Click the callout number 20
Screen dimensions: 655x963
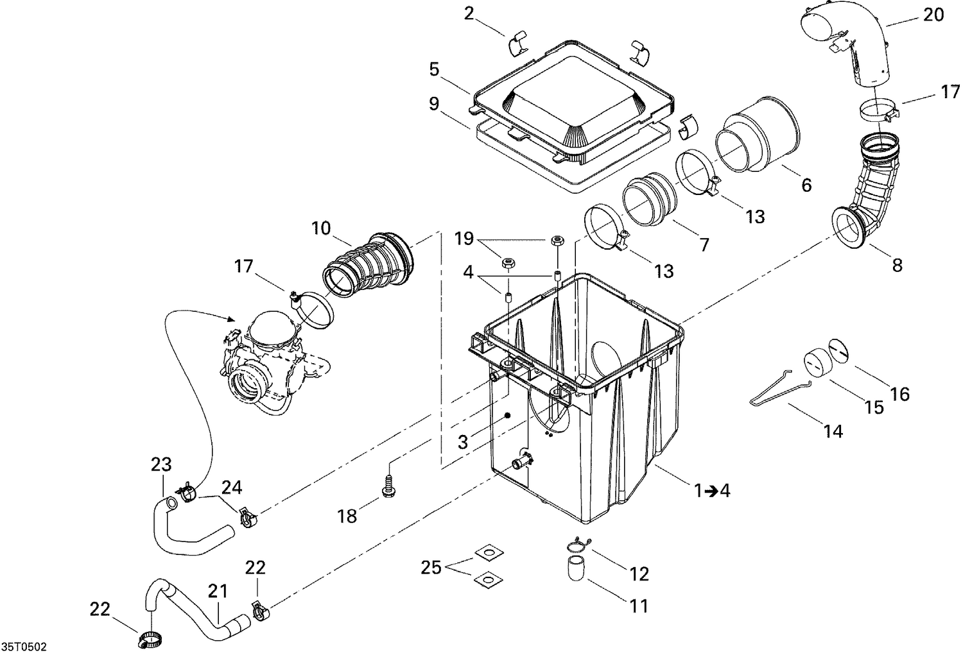point(933,14)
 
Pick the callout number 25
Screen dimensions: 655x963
point(431,567)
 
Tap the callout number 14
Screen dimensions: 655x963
point(833,432)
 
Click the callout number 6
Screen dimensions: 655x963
point(806,185)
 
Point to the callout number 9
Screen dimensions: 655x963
point(434,104)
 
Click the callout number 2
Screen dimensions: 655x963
point(469,14)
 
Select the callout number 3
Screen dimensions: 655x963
point(462,442)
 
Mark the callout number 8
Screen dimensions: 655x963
point(897,264)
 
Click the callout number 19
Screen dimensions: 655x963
point(464,239)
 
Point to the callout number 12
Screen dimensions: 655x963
point(639,574)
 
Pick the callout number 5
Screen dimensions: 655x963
point(434,69)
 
